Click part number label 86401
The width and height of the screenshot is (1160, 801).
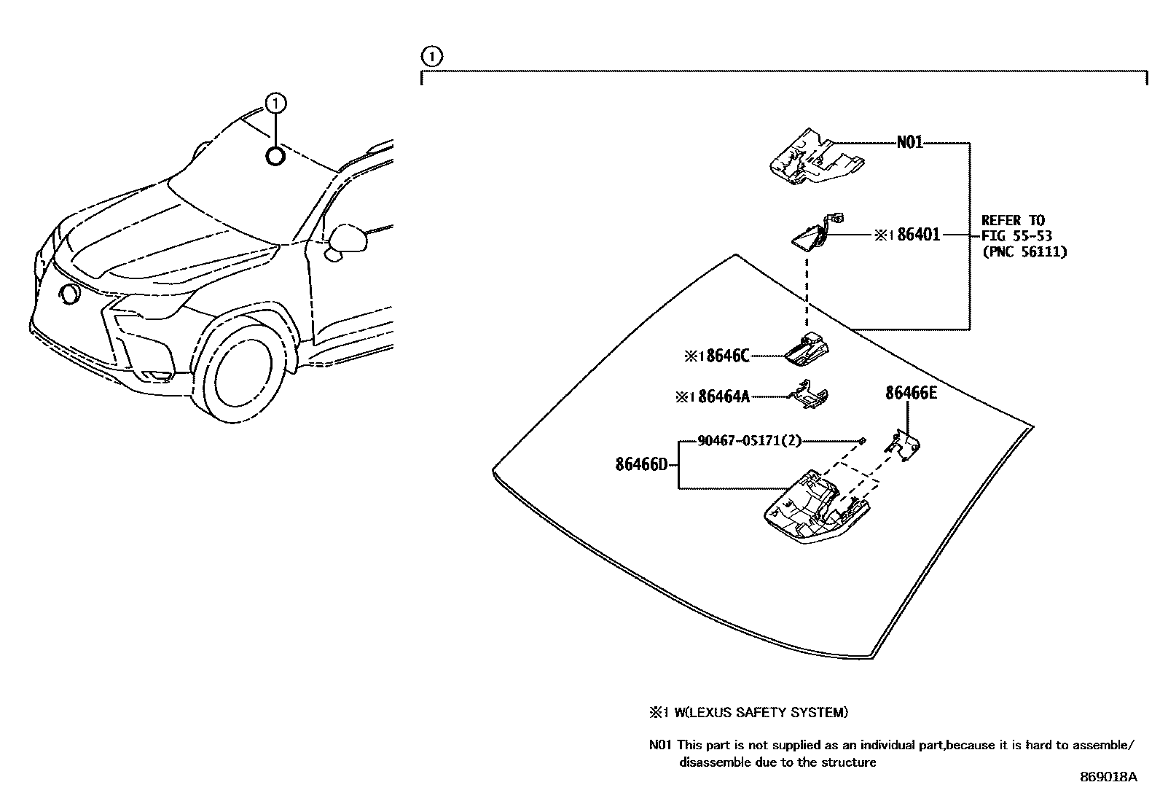point(919,235)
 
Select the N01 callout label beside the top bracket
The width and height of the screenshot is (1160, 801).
point(910,143)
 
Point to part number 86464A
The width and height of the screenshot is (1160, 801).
point(723,396)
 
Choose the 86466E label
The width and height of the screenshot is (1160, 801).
point(911,394)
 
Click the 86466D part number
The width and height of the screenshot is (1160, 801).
point(641,464)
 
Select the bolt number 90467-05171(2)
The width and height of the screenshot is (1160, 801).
point(750,441)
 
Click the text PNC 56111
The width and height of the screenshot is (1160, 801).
point(1024,252)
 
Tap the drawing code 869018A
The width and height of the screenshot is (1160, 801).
point(1108,777)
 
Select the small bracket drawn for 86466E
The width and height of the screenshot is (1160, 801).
point(904,445)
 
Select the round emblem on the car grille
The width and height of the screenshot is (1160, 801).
point(71,294)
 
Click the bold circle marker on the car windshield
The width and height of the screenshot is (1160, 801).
point(275,156)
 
